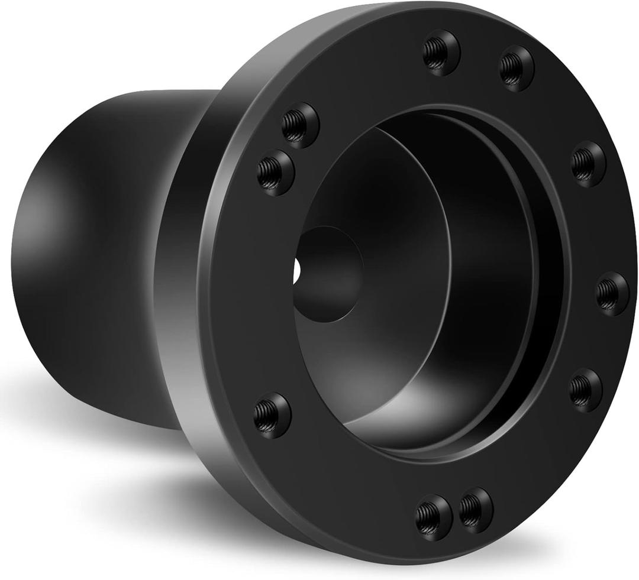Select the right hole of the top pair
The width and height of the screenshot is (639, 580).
click(x=517, y=68)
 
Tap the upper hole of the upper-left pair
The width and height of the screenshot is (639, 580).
click(x=300, y=125)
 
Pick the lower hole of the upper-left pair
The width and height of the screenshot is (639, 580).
click(x=275, y=173)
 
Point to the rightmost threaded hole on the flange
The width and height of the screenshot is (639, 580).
click(x=612, y=293)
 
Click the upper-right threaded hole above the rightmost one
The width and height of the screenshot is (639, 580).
click(x=588, y=163)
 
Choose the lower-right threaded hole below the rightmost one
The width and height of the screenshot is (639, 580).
click(x=585, y=390)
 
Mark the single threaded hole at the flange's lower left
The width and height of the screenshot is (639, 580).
click(x=272, y=415)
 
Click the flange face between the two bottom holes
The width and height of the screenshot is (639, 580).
click(x=454, y=513)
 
